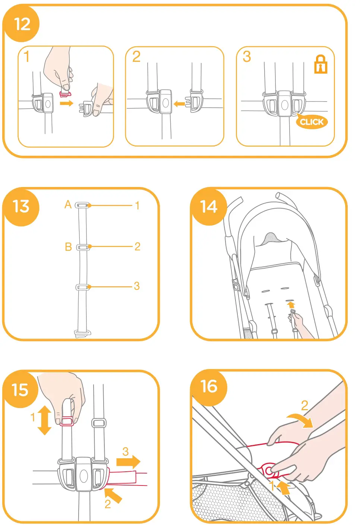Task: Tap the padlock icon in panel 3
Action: coord(320,64)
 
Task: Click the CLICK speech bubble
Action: coord(312,122)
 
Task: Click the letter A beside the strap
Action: coord(68,205)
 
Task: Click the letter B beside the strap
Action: coord(68,247)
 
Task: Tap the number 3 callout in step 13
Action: coord(137,286)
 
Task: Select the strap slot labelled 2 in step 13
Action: coord(83,247)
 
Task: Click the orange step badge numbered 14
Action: coord(209,207)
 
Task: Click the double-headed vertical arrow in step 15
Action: coord(45,420)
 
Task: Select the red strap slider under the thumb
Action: coord(67,421)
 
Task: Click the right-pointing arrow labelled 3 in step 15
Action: coord(128,462)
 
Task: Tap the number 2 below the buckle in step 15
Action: coord(108,504)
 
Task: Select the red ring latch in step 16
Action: coord(269,471)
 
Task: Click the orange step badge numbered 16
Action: coord(209,387)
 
